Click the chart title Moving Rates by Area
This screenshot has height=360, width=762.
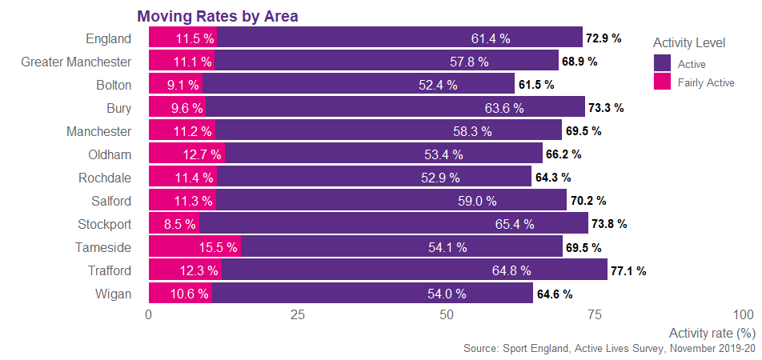click(217, 16)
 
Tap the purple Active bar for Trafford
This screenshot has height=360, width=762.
click(415, 270)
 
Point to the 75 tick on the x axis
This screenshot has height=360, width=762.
click(594, 315)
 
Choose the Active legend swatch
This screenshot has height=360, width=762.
click(662, 63)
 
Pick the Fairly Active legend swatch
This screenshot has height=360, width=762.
click(662, 82)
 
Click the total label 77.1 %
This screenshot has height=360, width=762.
click(628, 271)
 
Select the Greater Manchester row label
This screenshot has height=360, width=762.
click(76, 61)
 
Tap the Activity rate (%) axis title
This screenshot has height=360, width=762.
click(712, 332)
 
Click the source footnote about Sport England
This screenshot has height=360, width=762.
click(609, 349)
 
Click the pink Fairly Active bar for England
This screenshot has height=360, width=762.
click(182, 38)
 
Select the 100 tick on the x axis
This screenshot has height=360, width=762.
click(743, 315)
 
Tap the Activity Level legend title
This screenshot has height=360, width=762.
click(689, 42)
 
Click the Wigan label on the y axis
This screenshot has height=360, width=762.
click(113, 294)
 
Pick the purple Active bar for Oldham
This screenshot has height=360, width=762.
click(383, 154)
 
